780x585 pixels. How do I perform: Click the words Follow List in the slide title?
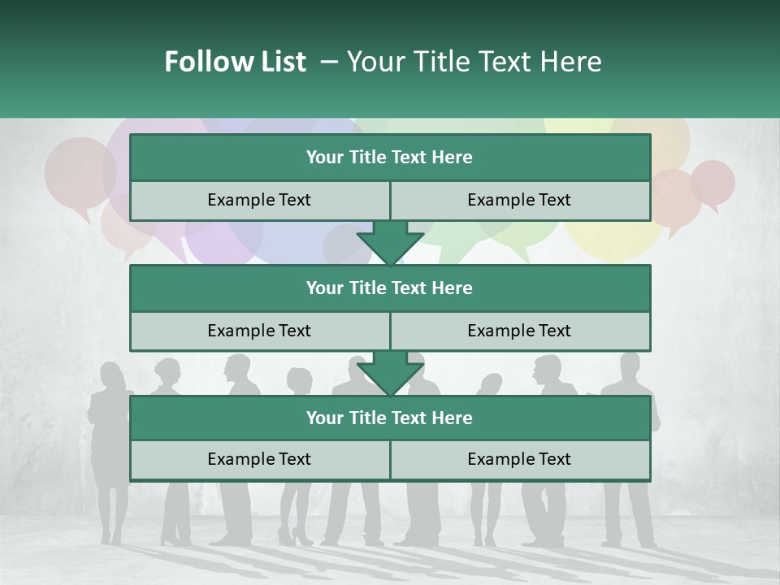pos(235,62)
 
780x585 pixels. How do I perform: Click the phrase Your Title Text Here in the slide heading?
pos(474,62)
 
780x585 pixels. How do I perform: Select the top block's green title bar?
pos(390,158)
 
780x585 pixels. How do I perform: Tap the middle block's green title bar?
pos(390,288)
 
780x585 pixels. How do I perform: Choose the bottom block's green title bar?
pos(390,418)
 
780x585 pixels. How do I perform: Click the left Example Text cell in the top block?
pos(259,200)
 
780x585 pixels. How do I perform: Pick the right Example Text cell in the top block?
pos(520,200)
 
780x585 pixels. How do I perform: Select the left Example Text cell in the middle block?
pos(259,331)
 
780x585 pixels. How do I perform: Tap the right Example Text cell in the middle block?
pos(520,331)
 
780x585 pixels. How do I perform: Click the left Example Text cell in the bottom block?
pos(259,459)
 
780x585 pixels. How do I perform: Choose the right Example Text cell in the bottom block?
pos(520,459)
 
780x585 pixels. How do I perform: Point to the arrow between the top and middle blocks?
pos(390,242)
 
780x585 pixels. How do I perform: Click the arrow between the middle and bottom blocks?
pos(390,374)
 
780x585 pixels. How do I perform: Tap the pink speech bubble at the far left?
pos(80,172)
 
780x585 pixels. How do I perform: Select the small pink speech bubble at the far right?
pos(713,182)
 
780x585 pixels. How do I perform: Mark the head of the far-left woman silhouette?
pos(111,376)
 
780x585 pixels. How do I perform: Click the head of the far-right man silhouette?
pos(631,363)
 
